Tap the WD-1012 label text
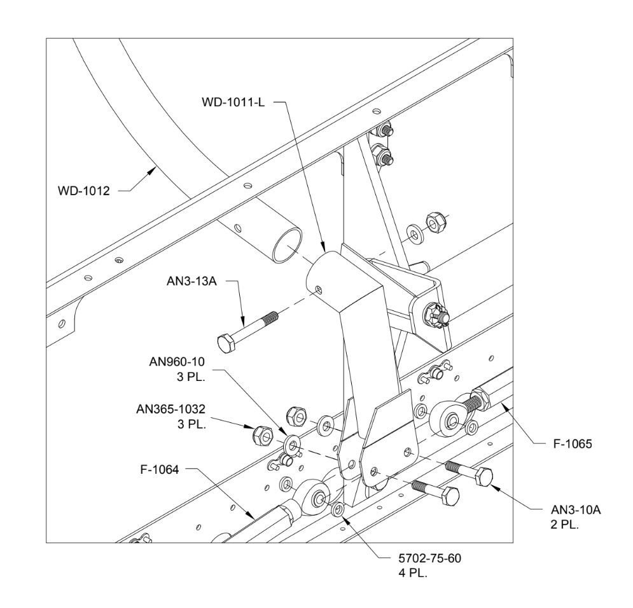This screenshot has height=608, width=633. tap(83, 190)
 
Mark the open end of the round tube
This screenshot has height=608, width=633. tap(285, 245)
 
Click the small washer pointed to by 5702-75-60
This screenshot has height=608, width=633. tap(338, 509)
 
